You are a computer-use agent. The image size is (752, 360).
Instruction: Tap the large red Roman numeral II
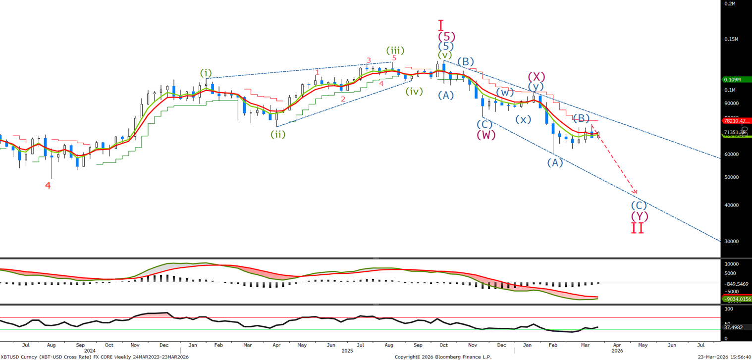click(638, 228)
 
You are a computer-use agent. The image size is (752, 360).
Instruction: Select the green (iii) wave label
click(395, 51)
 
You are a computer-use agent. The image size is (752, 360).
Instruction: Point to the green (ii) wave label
click(278, 134)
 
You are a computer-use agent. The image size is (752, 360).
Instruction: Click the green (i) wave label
click(206, 73)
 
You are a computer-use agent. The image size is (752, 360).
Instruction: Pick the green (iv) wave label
click(414, 91)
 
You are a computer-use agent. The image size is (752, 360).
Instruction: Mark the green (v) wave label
click(445, 55)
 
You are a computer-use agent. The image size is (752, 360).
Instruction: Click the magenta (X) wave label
click(537, 77)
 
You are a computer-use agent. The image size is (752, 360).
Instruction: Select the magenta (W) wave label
click(486, 135)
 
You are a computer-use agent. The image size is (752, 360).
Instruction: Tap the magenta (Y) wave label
click(639, 216)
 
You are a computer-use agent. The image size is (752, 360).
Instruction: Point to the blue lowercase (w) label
click(505, 92)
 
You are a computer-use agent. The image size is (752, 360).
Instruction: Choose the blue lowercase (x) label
click(523, 119)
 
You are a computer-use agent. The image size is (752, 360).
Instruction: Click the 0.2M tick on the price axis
click(730, 3)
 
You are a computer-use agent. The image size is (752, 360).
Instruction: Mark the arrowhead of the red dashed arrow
click(636, 193)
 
